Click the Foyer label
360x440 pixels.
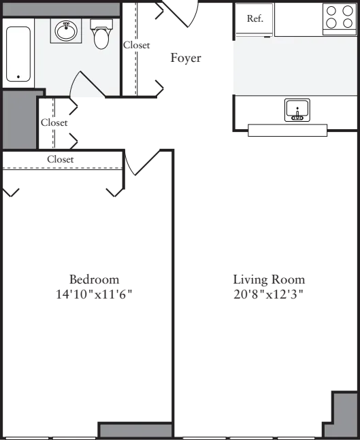click(186, 58)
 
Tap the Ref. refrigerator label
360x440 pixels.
click(255, 19)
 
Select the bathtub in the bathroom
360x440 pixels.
click(18, 54)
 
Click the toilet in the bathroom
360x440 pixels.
click(101, 34)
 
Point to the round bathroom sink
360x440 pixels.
click(66, 31)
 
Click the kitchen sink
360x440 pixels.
click(297, 110)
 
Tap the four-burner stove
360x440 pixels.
click(340, 19)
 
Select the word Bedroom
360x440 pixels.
click(95, 280)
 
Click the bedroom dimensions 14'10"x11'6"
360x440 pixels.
click(94, 294)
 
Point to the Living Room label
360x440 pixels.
click(269, 280)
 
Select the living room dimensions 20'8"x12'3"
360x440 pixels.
click(269, 294)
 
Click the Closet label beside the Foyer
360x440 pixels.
click(137, 45)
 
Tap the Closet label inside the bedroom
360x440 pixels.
click(61, 159)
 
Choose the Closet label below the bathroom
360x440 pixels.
click(54, 122)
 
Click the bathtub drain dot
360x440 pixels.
click(18, 77)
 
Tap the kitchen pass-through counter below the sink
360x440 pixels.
click(288, 131)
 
